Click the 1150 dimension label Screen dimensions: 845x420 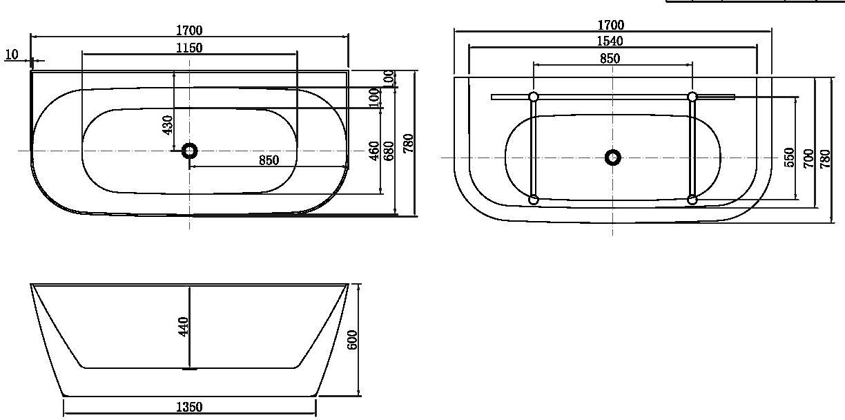pyautogui.click(x=189, y=48)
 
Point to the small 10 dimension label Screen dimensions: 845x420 pyautogui.click(x=12, y=55)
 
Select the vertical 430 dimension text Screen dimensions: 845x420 pyautogui.click(x=168, y=125)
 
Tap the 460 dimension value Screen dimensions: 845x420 pyautogui.click(x=374, y=151)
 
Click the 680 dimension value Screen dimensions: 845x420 pyautogui.click(x=389, y=151)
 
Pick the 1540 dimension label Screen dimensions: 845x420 pyautogui.click(x=610, y=41)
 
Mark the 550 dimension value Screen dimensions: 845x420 pyautogui.click(x=789, y=157)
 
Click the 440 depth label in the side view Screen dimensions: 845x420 pyautogui.click(x=183, y=327)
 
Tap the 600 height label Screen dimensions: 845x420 pyautogui.click(x=351, y=340)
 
